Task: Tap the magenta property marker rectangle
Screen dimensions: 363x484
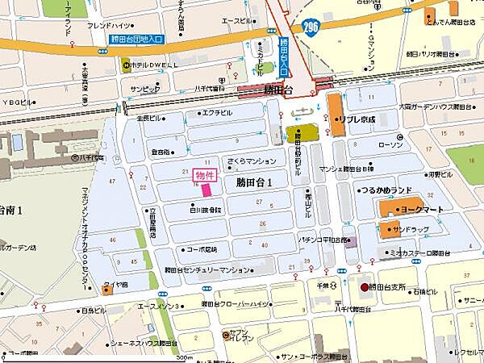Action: [x=207, y=190]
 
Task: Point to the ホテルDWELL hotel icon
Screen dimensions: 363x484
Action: [x=127, y=65]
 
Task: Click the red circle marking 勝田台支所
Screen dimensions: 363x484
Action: [x=364, y=286]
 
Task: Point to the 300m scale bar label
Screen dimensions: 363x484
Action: [x=185, y=357]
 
